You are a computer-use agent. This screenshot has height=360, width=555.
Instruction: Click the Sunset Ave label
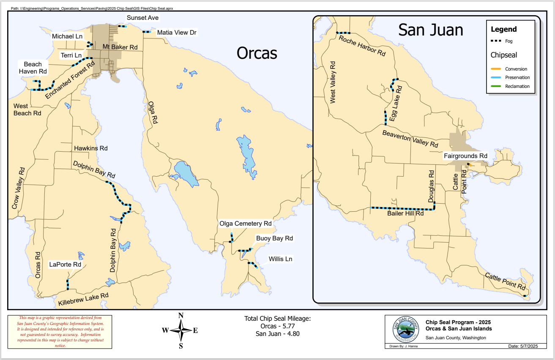pyautogui.click(x=142, y=18)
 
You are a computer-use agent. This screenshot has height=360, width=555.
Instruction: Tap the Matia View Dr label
pyautogui.click(x=176, y=32)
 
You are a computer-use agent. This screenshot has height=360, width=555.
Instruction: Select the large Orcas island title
pyautogui.click(x=257, y=53)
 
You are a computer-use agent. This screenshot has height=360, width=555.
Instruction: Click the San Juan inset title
pyautogui.click(x=431, y=30)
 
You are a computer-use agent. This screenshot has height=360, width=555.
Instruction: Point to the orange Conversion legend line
pyautogui.click(x=496, y=69)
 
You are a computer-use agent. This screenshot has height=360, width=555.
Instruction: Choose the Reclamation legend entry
pyautogui.click(x=517, y=86)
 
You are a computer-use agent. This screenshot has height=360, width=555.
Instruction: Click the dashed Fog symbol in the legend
pyautogui.click(x=496, y=41)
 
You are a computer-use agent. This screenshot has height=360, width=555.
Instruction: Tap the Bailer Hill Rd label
pyautogui.click(x=405, y=214)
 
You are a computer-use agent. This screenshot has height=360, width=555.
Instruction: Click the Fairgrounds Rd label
pyautogui.click(x=465, y=156)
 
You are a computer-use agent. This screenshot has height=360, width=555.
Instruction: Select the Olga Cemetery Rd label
pyautogui.click(x=245, y=224)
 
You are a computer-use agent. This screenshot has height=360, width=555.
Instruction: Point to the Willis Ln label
pyautogui.click(x=280, y=259)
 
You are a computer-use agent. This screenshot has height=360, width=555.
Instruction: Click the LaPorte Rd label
pyautogui.click(x=65, y=265)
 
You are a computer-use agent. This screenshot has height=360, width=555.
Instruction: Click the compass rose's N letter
pyautogui.click(x=181, y=315)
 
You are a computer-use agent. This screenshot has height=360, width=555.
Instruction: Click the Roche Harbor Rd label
pyautogui.click(x=363, y=46)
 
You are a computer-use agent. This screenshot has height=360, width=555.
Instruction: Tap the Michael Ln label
pyautogui.click(x=67, y=36)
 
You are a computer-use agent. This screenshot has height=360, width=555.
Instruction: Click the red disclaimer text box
pyautogui.click(x=60, y=332)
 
